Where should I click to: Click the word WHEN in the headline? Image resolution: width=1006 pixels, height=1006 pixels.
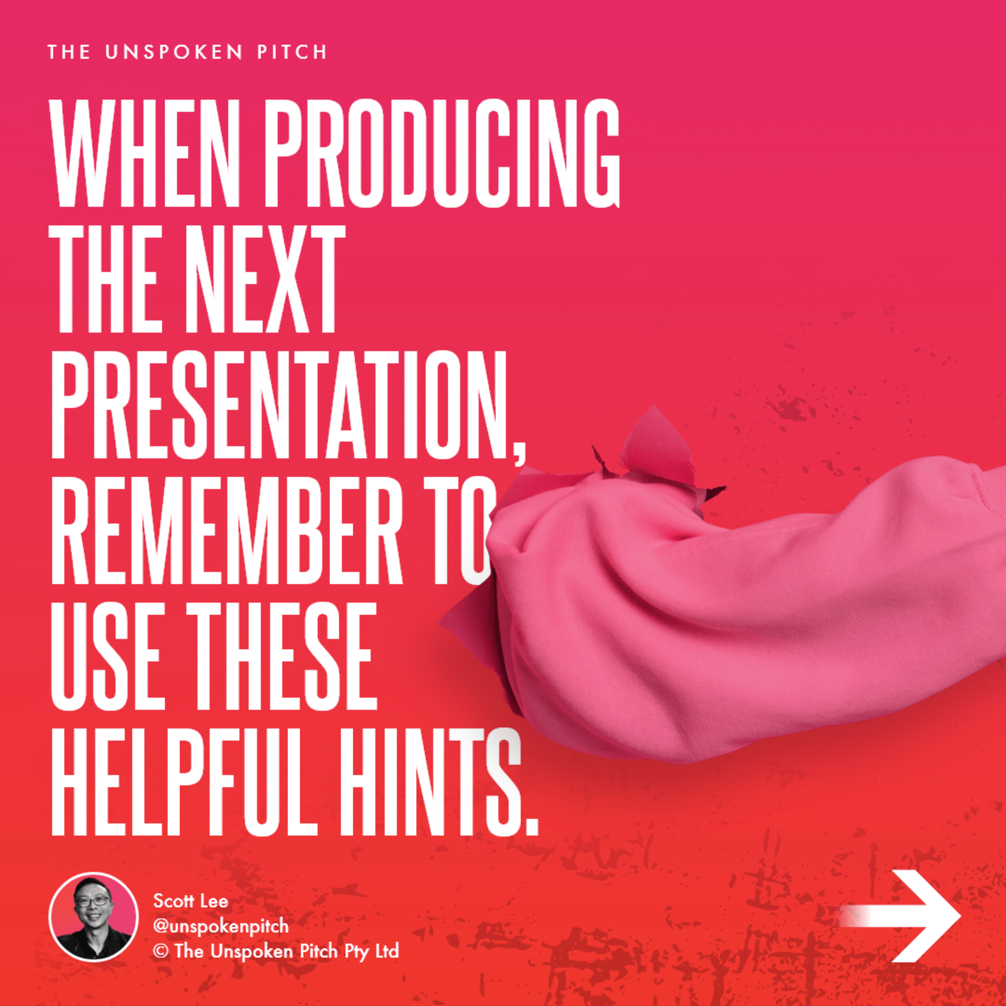click(x=145, y=153)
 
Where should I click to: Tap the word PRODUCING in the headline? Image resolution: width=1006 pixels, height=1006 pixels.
click(x=442, y=153)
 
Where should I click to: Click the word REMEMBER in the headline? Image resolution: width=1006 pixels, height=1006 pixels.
click(x=226, y=530)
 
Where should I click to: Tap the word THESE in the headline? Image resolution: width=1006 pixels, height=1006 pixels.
click(x=281, y=656)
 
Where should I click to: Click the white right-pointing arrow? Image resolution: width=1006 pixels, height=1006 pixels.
click(x=900, y=916)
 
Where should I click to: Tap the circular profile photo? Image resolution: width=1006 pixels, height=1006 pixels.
click(x=93, y=916)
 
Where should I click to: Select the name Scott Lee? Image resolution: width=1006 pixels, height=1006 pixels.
click(x=190, y=901)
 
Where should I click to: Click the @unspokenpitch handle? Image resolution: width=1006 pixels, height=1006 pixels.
click(x=221, y=926)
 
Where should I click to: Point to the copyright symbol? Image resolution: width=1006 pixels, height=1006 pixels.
click(x=160, y=951)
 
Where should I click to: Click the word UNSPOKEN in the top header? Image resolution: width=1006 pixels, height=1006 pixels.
click(x=174, y=52)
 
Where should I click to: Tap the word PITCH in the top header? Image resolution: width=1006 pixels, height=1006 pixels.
click(x=292, y=52)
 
